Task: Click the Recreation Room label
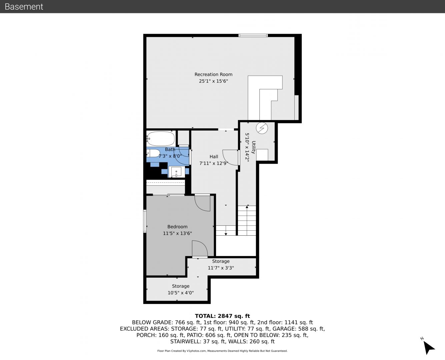[213, 74]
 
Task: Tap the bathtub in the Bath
[161, 138]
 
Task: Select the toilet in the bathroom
[153, 153]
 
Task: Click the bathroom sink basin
[176, 172]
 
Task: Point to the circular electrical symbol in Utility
[262, 128]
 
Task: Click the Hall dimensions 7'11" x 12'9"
[214, 163]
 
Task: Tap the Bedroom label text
[177, 227]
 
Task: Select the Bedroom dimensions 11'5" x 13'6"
[177, 233]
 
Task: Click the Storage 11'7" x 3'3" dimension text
[221, 268]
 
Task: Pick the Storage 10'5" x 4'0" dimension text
[181, 293]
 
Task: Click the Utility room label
[253, 147]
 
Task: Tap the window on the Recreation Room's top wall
[253, 35]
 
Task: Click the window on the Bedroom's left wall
[145, 221]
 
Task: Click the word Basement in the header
[24, 7]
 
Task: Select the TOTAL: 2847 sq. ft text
[222, 316]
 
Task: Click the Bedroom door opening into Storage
[200, 249]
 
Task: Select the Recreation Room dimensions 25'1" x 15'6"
[213, 81]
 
